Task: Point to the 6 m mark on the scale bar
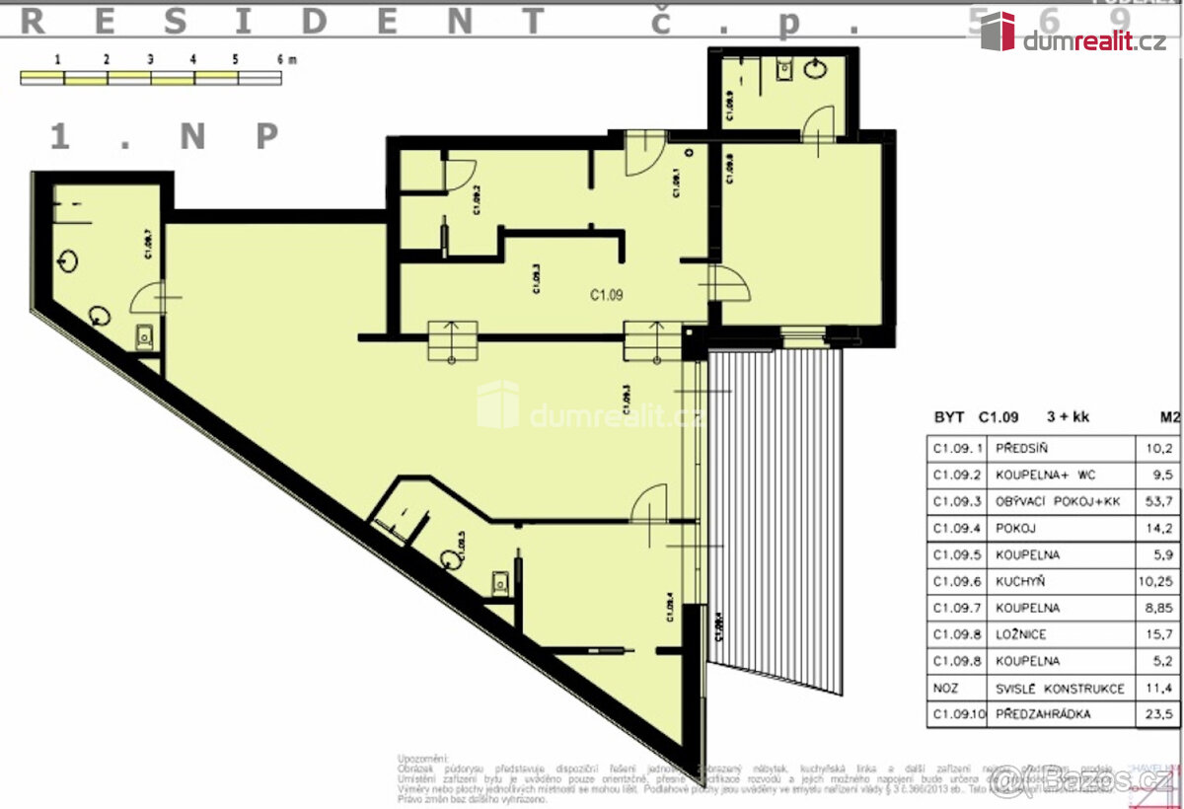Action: pos(285,59)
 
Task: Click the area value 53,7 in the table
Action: pos(1158,501)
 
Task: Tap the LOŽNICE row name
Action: pos(1020,634)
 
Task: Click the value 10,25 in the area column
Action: pos(1158,581)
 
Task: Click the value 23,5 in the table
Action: pos(1158,714)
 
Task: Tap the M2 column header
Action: pos(1168,416)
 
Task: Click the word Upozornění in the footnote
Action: pos(422,758)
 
